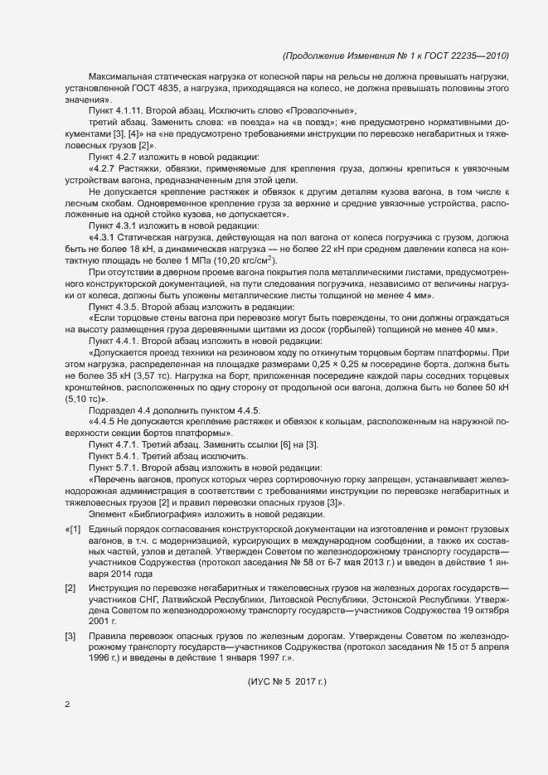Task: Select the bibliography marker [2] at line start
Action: [x=72, y=588]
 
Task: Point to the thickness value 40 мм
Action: [x=487, y=329]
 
